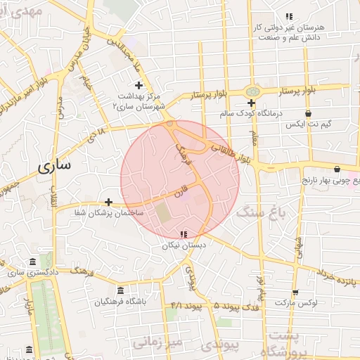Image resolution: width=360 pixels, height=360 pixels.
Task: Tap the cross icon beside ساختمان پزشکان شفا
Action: [x=108, y=202]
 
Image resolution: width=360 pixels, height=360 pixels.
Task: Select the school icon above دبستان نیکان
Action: [x=184, y=234]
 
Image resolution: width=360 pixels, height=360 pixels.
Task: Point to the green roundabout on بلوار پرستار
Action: [x=252, y=91]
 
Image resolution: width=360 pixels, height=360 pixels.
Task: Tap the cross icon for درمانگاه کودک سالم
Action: [x=251, y=103]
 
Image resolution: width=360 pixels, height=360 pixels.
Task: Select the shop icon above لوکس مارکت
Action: [x=295, y=292]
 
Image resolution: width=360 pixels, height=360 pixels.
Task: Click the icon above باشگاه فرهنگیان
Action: [x=120, y=291]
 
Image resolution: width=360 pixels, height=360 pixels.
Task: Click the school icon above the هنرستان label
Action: [x=289, y=16]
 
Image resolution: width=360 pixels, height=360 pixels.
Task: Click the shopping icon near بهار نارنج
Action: [x=337, y=169]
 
